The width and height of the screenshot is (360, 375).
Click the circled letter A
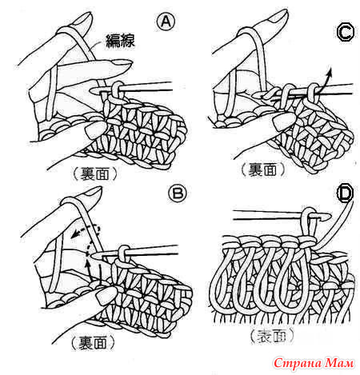tap(166, 22)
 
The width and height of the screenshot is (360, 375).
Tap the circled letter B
tap(178, 193)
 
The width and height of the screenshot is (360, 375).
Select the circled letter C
tap(346, 33)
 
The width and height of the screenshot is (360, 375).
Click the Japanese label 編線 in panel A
tap(120, 41)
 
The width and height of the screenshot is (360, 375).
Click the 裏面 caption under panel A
tap(94, 174)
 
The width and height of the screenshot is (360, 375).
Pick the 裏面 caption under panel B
tap(93, 342)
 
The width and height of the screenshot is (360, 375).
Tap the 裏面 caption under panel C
tap(262, 170)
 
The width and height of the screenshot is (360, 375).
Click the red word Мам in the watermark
tap(340, 363)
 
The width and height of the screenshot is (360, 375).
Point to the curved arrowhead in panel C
tap(330, 71)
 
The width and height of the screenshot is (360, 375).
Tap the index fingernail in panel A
tap(82, 19)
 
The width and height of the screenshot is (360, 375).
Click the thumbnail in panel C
tap(282, 122)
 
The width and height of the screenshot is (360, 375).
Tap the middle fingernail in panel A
tap(122, 64)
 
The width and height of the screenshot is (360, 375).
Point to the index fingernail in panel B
tap(91, 192)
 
